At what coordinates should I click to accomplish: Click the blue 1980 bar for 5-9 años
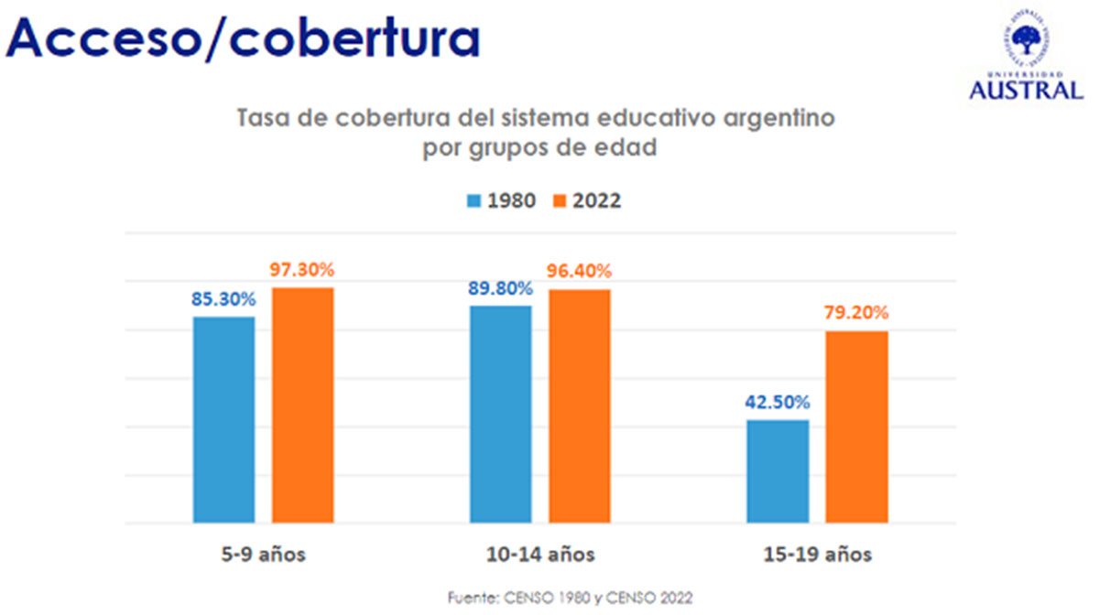point(224,420)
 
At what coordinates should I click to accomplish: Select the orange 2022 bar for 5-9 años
point(302,405)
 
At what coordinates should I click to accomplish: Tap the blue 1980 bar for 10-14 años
point(501,415)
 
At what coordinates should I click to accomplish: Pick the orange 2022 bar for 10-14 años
point(580,406)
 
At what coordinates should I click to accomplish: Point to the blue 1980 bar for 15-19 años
point(778,471)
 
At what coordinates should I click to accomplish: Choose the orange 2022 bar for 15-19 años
point(856,426)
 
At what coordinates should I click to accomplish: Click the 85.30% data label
point(223,298)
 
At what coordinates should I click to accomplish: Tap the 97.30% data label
point(302,270)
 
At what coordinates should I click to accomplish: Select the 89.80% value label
point(501,288)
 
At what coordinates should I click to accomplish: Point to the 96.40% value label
point(580,272)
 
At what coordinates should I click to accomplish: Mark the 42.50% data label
point(778,403)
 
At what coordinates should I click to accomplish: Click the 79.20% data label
point(856,313)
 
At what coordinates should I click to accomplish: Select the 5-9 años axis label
point(264,555)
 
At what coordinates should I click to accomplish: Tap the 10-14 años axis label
point(540,555)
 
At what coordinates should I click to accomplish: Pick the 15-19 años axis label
point(818,555)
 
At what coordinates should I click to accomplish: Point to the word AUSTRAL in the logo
point(1026,90)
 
